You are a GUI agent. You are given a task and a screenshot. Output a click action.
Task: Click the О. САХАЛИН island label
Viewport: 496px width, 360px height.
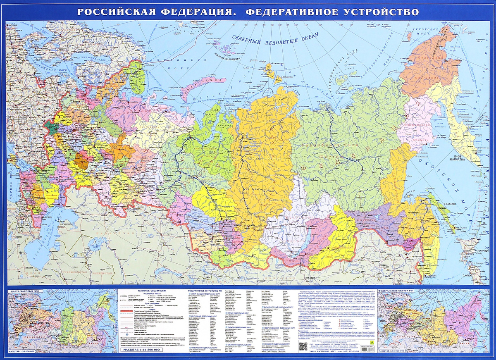[451, 204]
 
